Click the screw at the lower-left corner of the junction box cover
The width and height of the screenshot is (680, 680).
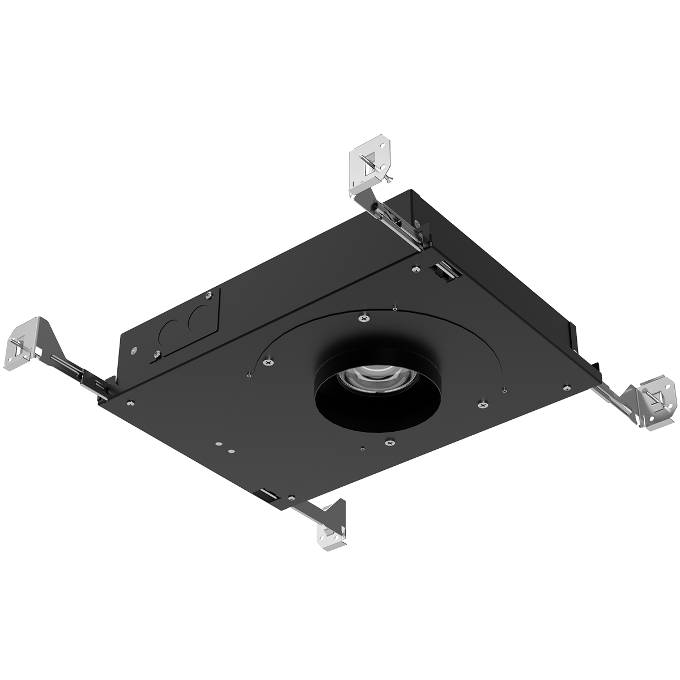pyautogui.click(x=156, y=354)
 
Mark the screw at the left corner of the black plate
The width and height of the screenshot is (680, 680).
pyautogui.click(x=130, y=403)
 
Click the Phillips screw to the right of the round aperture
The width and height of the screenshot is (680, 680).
pyautogui.click(x=482, y=403)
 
